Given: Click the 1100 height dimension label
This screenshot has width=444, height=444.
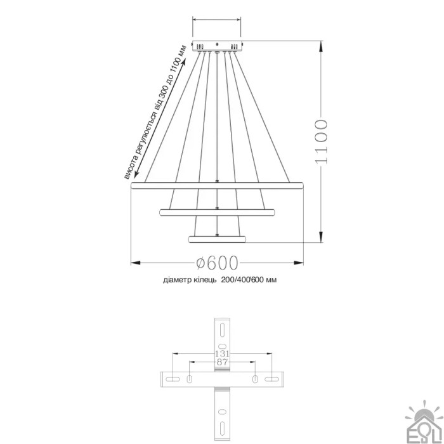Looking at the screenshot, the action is click(321, 141).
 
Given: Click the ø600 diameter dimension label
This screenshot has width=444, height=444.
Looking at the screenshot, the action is click(217, 263).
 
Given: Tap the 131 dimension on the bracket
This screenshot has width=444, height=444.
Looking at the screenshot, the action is click(222, 354).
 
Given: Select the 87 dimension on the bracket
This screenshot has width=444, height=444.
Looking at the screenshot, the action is click(222, 362).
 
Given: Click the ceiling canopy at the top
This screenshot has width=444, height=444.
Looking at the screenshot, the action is click(217, 46).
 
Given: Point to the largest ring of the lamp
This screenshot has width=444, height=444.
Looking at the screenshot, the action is click(217, 185).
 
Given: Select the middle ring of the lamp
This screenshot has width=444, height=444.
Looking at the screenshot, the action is click(217, 212).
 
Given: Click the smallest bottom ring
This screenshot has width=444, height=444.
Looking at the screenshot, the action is click(217, 239).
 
